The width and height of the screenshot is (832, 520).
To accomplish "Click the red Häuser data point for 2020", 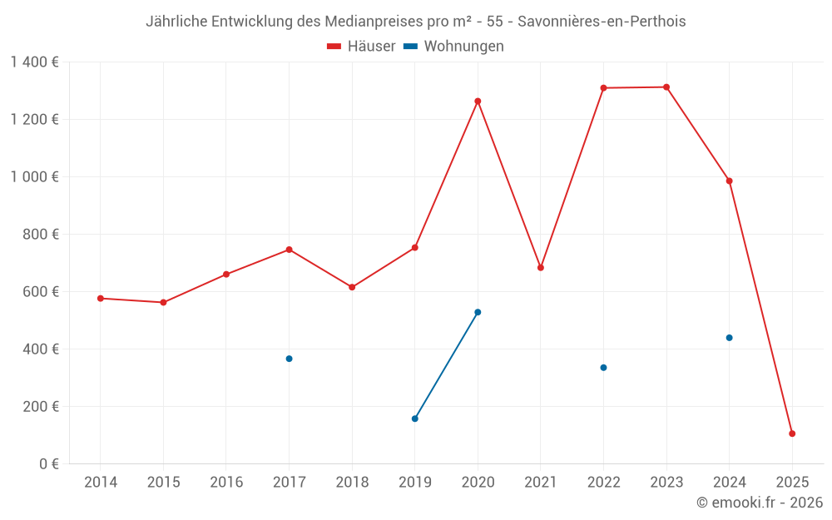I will pyautogui.click(x=478, y=102).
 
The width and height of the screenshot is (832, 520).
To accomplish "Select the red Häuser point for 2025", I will pyautogui.click(x=792, y=433).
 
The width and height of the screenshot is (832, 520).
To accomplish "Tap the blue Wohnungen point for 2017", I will pyautogui.click(x=289, y=359).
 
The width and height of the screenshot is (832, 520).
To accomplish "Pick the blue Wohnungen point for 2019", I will pyautogui.click(x=414, y=418).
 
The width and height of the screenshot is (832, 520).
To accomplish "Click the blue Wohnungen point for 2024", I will pyautogui.click(x=729, y=338).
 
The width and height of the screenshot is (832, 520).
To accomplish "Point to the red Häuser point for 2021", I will pyautogui.click(x=541, y=268).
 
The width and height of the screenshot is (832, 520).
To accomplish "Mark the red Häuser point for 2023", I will pyautogui.click(x=666, y=87).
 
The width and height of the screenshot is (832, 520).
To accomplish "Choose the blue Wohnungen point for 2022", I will pyautogui.click(x=603, y=368).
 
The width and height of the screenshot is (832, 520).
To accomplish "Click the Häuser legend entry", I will pyautogui.click(x=361, y=47).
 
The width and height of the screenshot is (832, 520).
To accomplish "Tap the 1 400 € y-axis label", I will pyautogui.click(x=35, y=62).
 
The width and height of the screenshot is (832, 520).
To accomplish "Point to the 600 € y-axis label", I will pyautogui.click(x=42, y=292).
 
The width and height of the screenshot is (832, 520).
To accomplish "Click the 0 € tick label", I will pyautogui.click(x=48, y=464).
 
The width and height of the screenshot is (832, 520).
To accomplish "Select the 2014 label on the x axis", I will pyautogui.click(x=101, y=483).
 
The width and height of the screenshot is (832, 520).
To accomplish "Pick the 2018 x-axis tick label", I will pyautogui.click(x=352, y=483).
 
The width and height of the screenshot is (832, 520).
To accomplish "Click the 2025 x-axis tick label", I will pyautogui.click(x=792, y=483).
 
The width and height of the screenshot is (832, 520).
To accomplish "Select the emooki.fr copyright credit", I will pyautogui.click(x=760, y=503).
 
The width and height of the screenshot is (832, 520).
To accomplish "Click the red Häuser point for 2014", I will pyautogui.click(x=101, y=298).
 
